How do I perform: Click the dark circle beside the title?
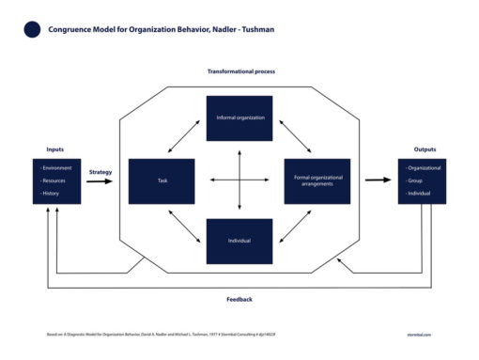[32, 29]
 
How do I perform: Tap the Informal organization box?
[239, 118]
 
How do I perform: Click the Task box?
[162, 181]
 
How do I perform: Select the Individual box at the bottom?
[239, 242]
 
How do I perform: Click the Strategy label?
[100, 172]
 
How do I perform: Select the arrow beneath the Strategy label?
[99, 181]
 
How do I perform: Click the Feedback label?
[239, 299]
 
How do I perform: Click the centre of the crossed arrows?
[239, 180]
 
